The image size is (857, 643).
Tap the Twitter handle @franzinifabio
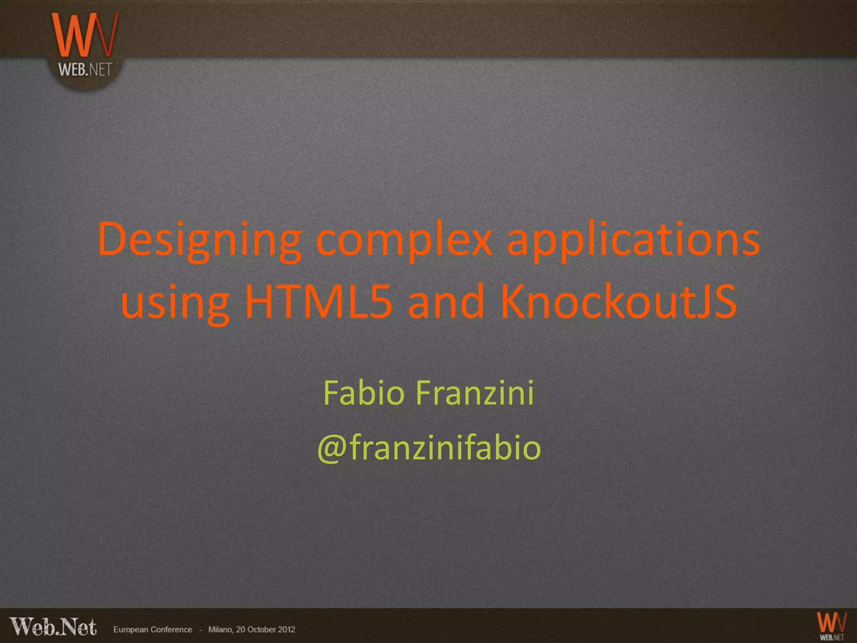[x=429, y=447]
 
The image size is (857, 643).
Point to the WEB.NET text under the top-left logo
[x=85, y=69]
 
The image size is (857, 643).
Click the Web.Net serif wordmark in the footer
[x=53, y=627]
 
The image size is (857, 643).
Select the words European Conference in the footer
[x=152, y=630]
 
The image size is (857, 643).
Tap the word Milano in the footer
[x=221, y=630]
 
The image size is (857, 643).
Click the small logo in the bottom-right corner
[x=831, y=626]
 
